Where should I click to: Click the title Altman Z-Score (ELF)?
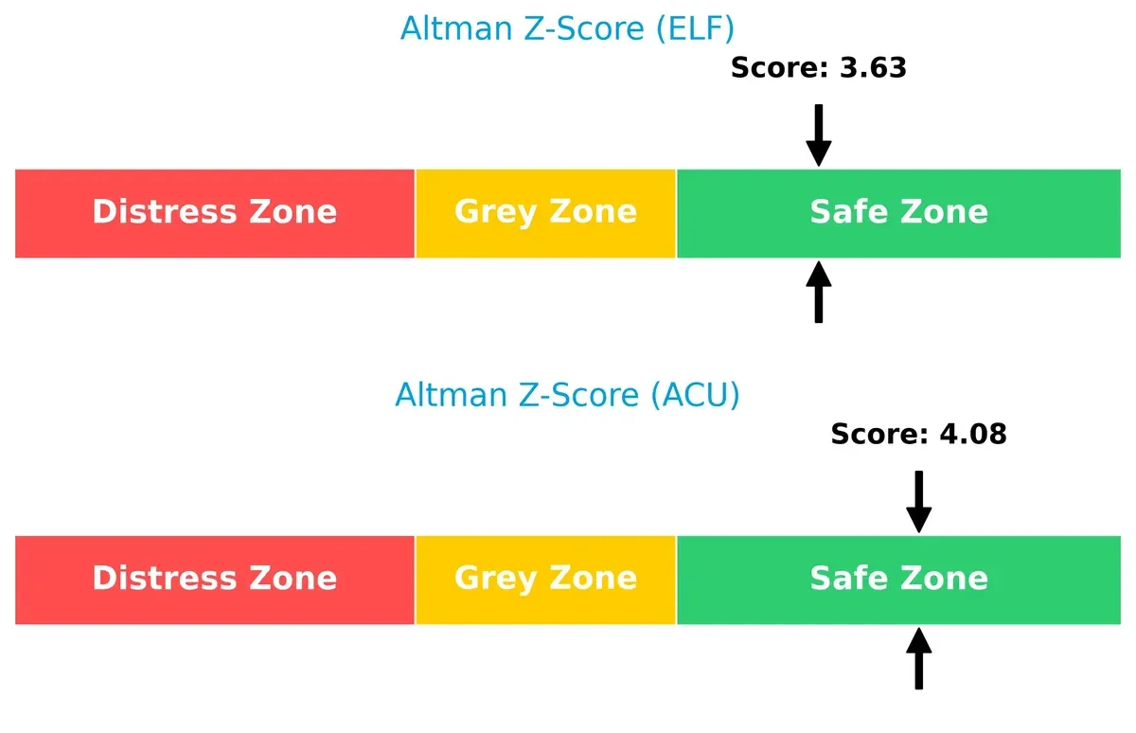pos(567,28)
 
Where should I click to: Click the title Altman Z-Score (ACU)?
pos(567,394)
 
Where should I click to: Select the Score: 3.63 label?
pos(819,68)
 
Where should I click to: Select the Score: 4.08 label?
pos(918,435)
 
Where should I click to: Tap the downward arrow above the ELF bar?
pos(819,135)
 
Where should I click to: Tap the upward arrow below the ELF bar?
pos(819,293)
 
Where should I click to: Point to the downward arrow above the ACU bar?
pos(918,502)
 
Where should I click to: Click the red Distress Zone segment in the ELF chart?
pos(215,213)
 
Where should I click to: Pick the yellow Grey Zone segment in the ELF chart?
pos(545,213)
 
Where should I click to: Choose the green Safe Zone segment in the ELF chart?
pos(898,213)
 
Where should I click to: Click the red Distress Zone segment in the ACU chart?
pos(215,580)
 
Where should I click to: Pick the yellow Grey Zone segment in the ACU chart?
pos(545,580)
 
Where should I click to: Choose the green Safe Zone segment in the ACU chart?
pos(898,580)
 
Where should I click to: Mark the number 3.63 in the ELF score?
pos(873,68)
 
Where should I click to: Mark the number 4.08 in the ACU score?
pos(972,435)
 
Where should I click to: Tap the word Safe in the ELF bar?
pos(842,212)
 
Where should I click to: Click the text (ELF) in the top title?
pos(692,28)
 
